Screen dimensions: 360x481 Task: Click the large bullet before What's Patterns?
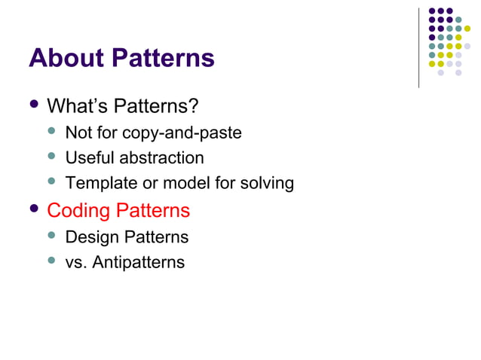click(34, 103)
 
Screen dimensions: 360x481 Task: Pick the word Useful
click(87, 158)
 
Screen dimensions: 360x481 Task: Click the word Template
click(96, 183)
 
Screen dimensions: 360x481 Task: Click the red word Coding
click(78, 211)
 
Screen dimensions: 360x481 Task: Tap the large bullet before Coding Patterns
click(34, 209)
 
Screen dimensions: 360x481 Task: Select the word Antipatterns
click(138, 263)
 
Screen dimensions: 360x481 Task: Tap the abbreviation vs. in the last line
click(76, 263)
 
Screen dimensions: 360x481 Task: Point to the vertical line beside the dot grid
click(418, 45)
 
